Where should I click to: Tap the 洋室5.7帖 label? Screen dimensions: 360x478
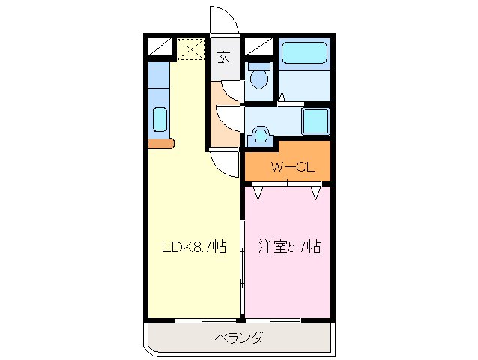(x=290, y=246)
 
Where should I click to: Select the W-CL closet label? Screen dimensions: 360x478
(x=287, y=167)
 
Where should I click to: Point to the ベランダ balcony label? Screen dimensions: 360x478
(x=239, y=337)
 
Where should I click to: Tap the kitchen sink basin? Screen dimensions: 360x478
(x=159, y=119)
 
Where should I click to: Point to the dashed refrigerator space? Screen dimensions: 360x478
(x=191, y=50)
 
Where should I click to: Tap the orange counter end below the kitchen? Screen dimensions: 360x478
(x=161, y=143)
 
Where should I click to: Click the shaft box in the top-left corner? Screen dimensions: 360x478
(x=160, y=48)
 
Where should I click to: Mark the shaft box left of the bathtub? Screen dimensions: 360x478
(x=257, y=48)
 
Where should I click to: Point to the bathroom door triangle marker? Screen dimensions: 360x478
(x=283, y=97)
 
